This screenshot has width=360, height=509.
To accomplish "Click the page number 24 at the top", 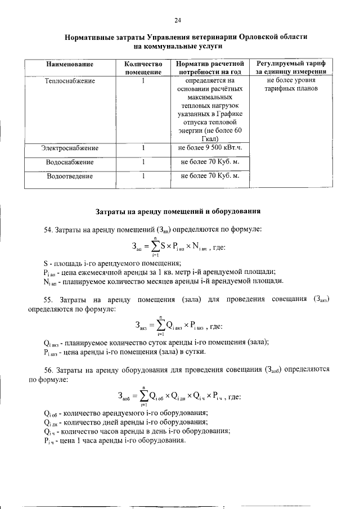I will point(177,21).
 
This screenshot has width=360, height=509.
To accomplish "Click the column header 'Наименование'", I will point(70,65).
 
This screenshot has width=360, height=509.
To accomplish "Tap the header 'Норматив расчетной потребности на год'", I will point(209,69).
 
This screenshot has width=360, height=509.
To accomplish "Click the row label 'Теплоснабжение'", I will point(70,81).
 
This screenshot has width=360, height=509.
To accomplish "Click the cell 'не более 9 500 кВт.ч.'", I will point(209,148).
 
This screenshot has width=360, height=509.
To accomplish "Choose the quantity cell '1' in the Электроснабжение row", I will point(143,148).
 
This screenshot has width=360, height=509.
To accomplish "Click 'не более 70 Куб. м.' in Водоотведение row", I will point(209,175).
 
